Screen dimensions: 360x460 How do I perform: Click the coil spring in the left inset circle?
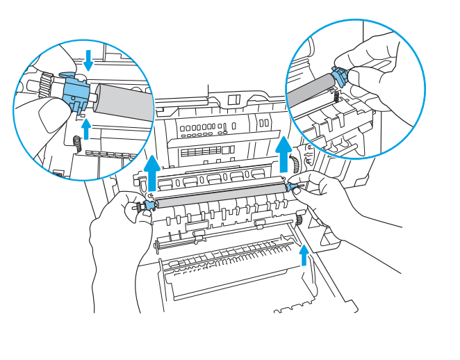(x=78, y=144)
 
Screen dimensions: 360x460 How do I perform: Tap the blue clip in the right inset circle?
(x=340, y=76)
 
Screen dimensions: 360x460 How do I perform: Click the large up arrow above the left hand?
(x=153, y=174)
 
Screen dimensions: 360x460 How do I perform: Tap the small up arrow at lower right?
(x=303, y=258)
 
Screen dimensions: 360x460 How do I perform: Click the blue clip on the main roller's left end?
(x=149, y=205)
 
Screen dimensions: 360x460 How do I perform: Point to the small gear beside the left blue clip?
(x=138, y=206)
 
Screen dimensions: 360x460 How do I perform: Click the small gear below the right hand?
(x=299, y=221)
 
